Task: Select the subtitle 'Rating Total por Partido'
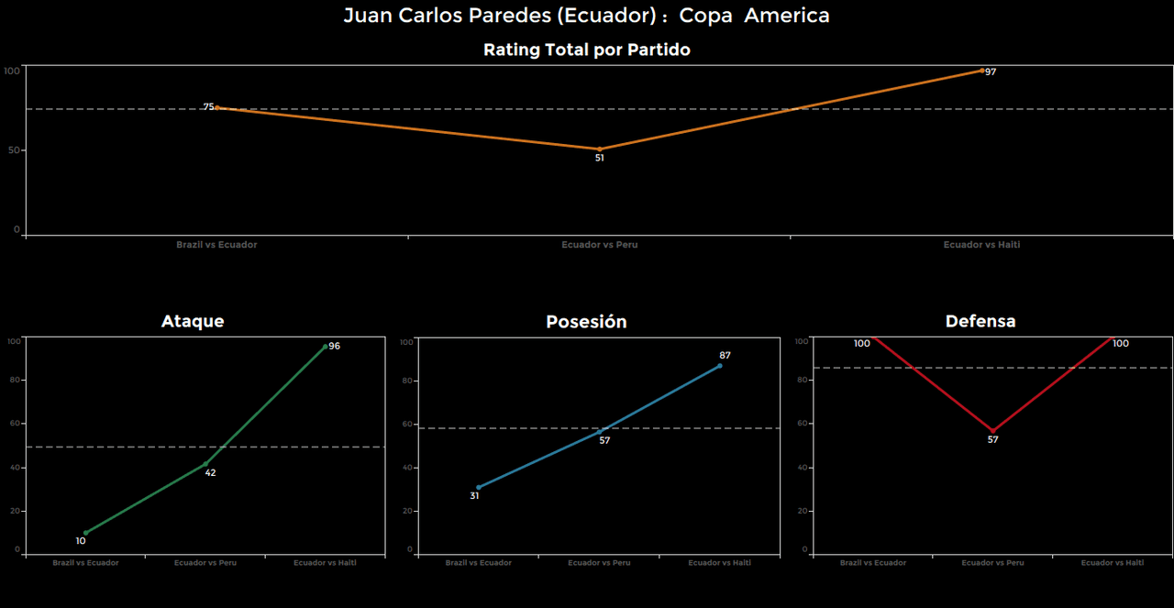click(x=586, y=50)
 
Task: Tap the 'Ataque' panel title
click(x=193, y=321)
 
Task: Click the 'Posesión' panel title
click(x=586, y=322)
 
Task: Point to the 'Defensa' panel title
click(x=980, y=321)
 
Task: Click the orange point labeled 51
click(x=600, y=149)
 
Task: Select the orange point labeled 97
click(x=981, y=71)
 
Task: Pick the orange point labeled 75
click(x=216, y=107)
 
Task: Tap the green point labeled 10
click(x=86, y=533)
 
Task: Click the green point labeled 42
click(x=205, y=464)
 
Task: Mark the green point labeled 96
click(x=325, y=347)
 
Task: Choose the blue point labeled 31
click(x=479, y=488)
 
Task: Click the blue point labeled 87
click(x=719, y=366)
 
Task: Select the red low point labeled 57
click(x=992, y=431)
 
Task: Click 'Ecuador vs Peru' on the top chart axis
click(x=600, y=245)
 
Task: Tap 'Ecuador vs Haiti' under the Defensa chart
click(x=1112, y=563)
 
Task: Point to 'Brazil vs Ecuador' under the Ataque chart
click(x=85, y=563)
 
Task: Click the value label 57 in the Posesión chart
click(x=604, y=441)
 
